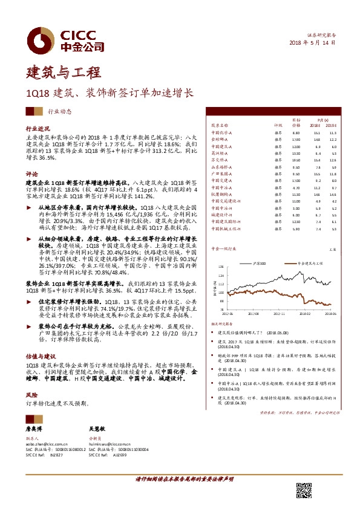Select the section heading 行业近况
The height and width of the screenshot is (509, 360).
pyautogui.click(x=36, y=130)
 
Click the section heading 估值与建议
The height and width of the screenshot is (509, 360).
pyautogui.click(x=39, y=357)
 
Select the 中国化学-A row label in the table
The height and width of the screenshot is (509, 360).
pyautogui.click(x=221, y=132)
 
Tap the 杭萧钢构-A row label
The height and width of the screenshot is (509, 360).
pyautogui.click(x=221, y=194)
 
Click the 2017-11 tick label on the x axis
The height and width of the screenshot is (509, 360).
pyautogui.click(x=280, y=314)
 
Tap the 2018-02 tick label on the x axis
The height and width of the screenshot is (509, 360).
pyautogui.click(x=305, y=314)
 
